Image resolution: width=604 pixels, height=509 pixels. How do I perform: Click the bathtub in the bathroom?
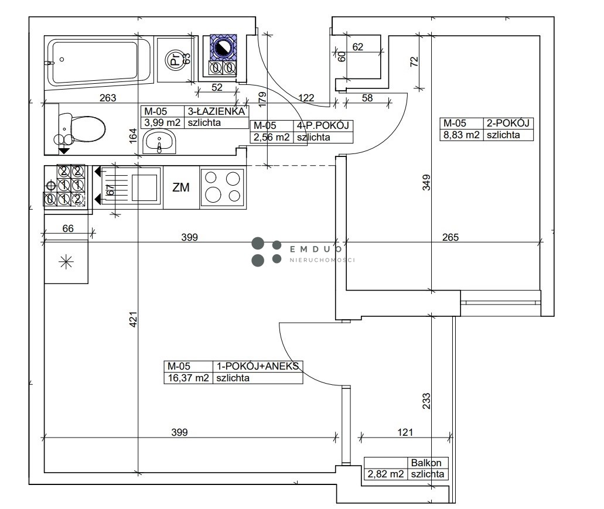coord(98,63)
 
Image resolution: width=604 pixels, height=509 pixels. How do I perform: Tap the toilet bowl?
coord(80,129)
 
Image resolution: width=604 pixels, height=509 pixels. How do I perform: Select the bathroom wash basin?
coord(159,141)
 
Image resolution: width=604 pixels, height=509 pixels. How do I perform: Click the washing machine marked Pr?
coord(175,59)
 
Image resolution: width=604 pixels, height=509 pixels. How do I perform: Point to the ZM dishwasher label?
coord(180,187)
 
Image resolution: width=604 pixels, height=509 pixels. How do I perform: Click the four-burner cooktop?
coord(223,187)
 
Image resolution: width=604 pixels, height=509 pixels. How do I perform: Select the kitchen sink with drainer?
coord(131,187)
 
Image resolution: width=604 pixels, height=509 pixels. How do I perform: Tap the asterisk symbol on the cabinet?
coord(66,262)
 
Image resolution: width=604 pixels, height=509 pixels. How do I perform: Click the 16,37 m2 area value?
coord(189,378)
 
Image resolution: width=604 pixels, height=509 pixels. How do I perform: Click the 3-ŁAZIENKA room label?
coord(216,111)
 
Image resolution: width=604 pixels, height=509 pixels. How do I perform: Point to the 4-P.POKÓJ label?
coord(323,125)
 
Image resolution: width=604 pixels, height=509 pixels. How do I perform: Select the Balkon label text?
coord(426,462)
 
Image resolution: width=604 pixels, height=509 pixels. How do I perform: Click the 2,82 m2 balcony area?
coord(385,474)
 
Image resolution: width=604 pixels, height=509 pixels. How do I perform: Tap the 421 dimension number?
coord(133,319)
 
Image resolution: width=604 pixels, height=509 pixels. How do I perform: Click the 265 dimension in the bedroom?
coord(451,237)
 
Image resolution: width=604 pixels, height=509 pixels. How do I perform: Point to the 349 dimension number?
coord(426,183)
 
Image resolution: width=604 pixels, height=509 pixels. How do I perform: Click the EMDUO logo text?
coord(316,249)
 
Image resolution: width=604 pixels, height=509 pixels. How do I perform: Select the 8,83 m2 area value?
coord(461,135)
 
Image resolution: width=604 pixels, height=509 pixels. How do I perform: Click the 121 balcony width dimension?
coord(405,432)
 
